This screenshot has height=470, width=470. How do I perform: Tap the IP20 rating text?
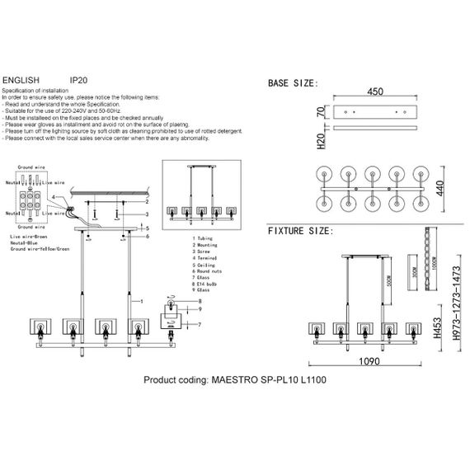coord(79,81)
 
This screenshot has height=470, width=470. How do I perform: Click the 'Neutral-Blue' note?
coord(26,241)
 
